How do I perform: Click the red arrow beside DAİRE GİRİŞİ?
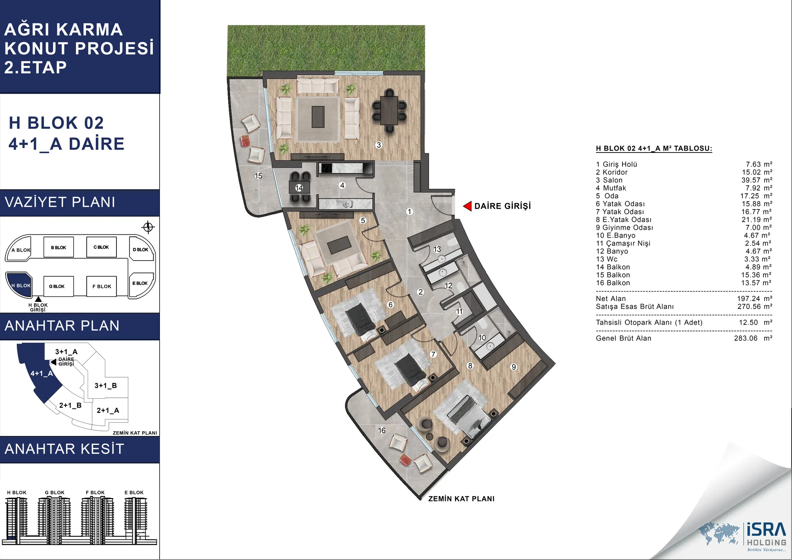point(467,206)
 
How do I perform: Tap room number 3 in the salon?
point(379,145)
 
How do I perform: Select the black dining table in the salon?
point(390,110)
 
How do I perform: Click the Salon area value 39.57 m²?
point(757,180)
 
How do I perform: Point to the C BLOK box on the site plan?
point(101,247)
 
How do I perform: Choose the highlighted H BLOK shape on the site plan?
point(19,285)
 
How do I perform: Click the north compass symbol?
point(148,227)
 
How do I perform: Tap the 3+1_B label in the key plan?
point(106,386)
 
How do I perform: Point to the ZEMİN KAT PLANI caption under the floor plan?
point(461,499)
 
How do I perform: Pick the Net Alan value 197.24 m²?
point(754,299)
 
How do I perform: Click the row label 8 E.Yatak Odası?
point(624,220)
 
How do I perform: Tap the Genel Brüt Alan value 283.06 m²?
point(753,338)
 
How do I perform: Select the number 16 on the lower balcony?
point(382,430)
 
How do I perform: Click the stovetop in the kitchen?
point(326,168)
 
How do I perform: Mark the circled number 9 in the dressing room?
point(514,367)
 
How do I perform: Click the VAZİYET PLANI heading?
point(60,202)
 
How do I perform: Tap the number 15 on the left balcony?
point(259,176)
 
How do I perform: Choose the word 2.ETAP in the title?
point(36,67)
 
